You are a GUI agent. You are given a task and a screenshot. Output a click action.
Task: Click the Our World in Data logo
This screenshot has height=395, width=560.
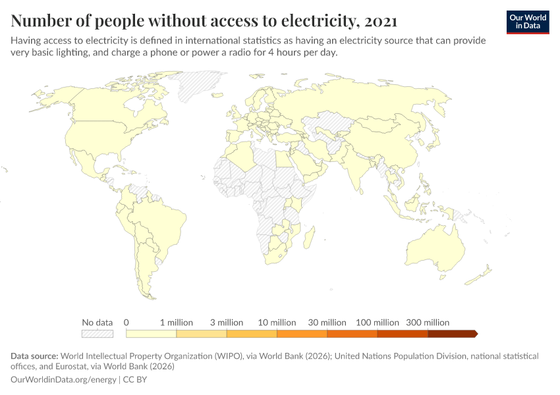527,22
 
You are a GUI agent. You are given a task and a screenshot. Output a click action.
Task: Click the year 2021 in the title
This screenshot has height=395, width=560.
379,21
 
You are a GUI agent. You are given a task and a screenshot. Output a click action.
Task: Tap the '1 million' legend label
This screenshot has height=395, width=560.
177,323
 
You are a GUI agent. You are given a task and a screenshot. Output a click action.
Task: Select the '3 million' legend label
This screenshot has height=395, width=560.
227,323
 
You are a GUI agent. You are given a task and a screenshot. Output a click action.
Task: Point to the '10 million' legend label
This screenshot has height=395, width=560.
277,323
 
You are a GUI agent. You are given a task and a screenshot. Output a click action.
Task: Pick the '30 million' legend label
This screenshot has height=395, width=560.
327,323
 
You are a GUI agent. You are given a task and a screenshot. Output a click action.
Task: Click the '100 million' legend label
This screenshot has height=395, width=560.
378,323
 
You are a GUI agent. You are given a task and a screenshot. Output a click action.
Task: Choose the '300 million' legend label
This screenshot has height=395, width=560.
428,323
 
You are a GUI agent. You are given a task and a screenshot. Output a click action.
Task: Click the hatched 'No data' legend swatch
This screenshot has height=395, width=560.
98,334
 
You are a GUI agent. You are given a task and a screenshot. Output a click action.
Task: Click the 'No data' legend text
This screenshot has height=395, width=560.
98,323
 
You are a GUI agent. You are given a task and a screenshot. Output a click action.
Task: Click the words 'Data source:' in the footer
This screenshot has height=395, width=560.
34,356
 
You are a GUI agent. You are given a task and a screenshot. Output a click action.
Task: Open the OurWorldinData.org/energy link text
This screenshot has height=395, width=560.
63,380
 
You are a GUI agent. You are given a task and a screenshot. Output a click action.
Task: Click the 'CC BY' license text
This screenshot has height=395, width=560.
134,380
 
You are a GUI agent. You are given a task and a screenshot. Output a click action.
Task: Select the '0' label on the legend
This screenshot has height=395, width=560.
126,323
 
